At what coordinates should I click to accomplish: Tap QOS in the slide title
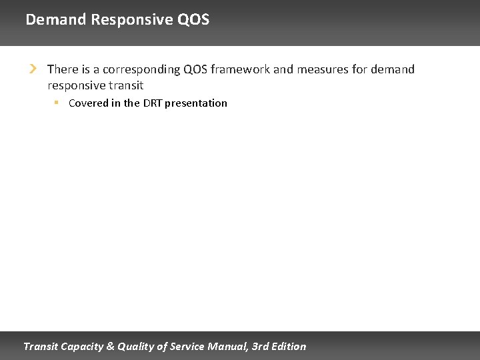(x=193, y=19)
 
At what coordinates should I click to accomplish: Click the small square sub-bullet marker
(x=57, y=103)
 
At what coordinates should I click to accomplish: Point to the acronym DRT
(x=152, y=103)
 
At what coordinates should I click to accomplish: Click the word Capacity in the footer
(x=81, y=346)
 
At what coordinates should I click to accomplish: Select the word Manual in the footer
(x=231, y=346)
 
